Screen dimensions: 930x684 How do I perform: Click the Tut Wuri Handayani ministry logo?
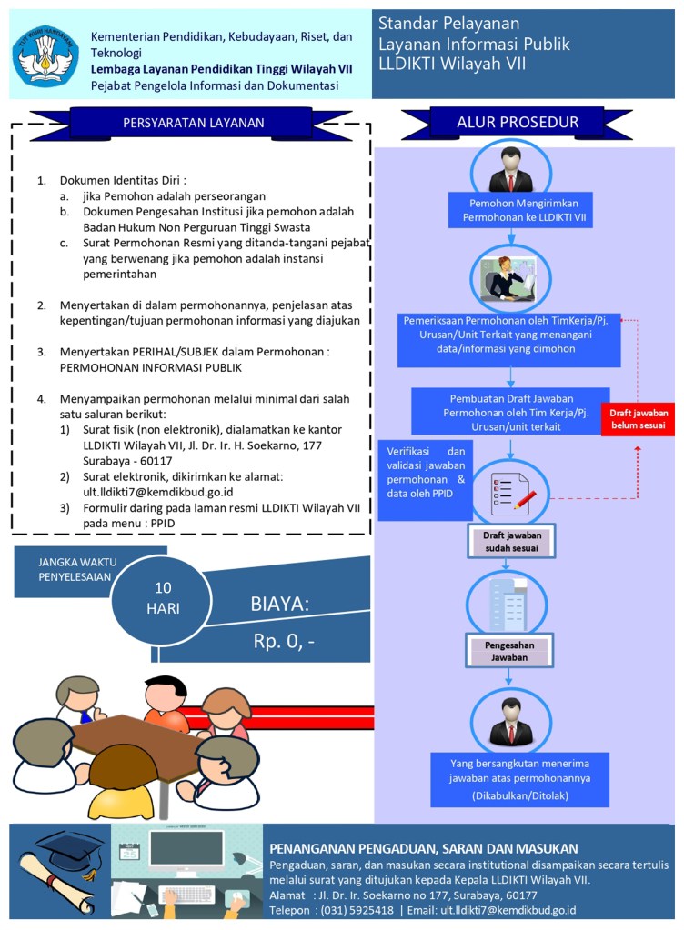tap(45, 55)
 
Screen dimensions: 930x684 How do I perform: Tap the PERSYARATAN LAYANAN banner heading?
tap(193, 124)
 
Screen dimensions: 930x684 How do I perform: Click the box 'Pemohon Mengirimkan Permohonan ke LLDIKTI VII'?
tap(518, 210)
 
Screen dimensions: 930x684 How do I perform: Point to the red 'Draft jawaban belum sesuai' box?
tap(637, 419)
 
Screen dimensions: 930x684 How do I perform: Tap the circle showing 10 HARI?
tap(163, 597)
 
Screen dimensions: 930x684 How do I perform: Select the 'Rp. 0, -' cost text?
tap(284, 642)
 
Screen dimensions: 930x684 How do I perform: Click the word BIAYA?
tap(280, 605)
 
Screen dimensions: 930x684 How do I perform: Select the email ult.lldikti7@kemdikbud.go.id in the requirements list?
tap(146, 492)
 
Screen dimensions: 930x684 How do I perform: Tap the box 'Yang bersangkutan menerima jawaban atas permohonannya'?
tap(519, 779)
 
